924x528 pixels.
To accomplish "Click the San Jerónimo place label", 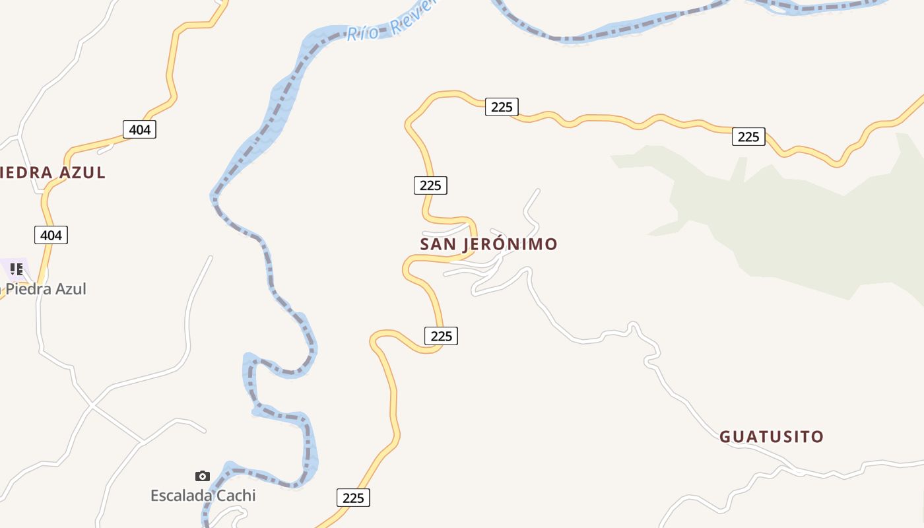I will tap(488, 244).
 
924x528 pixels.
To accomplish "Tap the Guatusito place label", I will tap(771, 437).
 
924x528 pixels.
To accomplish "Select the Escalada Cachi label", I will tap(203, 495).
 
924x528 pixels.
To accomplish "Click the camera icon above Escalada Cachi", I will tap(203, 476).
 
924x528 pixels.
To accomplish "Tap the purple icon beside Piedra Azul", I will tap(16, 269).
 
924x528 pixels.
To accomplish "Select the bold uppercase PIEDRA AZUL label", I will tap(53, 173).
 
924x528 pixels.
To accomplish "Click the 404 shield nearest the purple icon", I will tap(51, 235).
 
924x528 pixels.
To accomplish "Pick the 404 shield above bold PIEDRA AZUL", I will tap(139, 129).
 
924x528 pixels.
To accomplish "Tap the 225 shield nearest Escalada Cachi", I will tap(353, 498).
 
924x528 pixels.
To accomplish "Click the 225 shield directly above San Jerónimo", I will tap(430, 185).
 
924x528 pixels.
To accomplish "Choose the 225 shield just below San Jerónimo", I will tap(441, 336).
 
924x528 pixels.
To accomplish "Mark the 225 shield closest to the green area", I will tap(748, 137).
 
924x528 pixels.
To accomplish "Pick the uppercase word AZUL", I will tap(82, 173).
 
